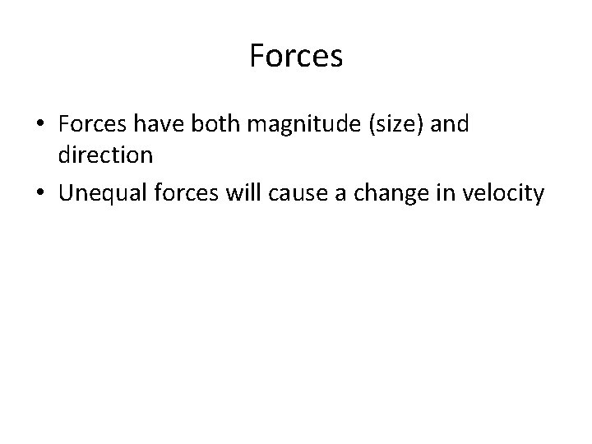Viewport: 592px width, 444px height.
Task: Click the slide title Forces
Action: click(295, 57)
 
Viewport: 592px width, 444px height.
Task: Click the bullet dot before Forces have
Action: click(40, 124)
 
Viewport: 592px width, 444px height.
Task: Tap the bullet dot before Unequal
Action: click(40, 195)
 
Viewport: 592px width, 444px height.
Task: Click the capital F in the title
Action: click(255, 57)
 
